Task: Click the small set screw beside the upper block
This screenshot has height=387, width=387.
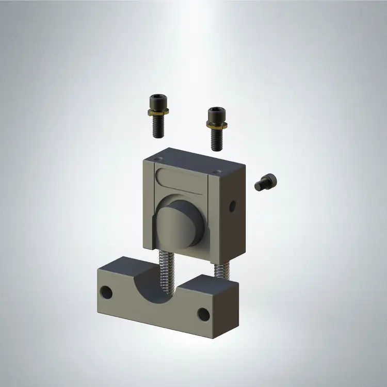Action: [266, 182]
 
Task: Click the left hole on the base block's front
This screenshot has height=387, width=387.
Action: [106, 292]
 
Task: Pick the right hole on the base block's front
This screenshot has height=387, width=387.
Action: [204, 314]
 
